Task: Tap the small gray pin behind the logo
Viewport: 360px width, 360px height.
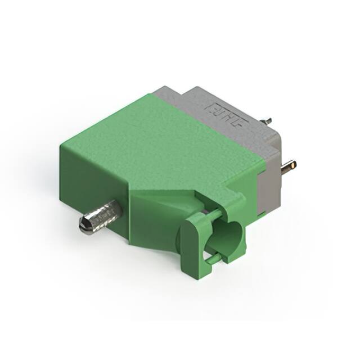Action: click(x=268, y=120)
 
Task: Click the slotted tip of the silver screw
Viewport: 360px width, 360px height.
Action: click(x=84, y=225)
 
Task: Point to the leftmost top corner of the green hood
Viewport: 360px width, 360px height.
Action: click(x=61, y=145)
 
